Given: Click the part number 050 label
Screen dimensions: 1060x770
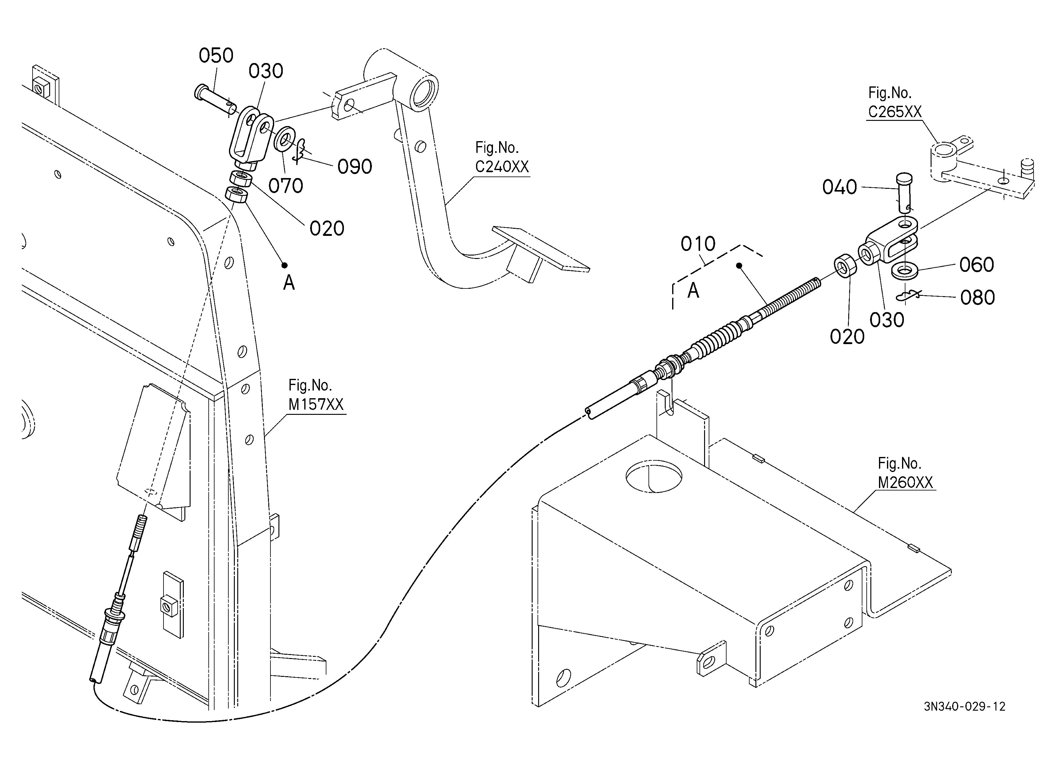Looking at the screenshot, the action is pos(216,56).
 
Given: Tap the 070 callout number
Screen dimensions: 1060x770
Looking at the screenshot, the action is pos(286,186).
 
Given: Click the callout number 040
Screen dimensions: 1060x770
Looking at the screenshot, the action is pos(839,188).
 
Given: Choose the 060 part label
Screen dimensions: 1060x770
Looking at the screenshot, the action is pos(976,265).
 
